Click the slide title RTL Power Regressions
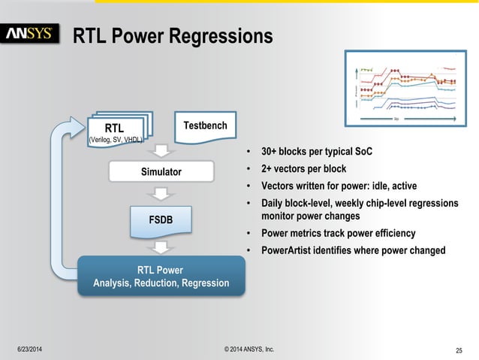[172, 35]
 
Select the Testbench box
[205, 126]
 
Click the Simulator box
[161, 172]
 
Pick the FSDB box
[161, 219]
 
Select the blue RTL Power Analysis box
[161, 276]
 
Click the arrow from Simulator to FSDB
[161, 195]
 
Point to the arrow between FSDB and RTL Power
[161, 247]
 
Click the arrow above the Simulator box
[161, 151]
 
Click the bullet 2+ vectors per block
[303, 169]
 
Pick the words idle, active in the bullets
[390, 186]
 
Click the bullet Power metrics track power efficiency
[338, 234]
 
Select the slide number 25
[460, 350]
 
